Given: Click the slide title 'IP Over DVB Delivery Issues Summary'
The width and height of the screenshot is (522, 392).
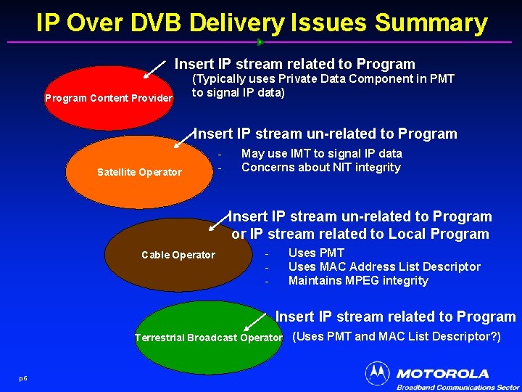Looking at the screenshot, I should pyautogui.click(x=261, y=23).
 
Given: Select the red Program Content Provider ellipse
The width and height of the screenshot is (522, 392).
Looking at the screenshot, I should pyautogui.click(x=109, y=98).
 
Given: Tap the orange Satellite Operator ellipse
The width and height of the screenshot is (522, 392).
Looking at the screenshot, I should pyautogui.click(x=138, y=172).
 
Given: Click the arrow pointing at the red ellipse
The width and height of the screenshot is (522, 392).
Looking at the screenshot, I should pyautogui.click(x=155, y=69).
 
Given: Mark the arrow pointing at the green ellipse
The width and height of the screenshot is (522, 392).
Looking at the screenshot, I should pyautogui.click(x=255, y=322).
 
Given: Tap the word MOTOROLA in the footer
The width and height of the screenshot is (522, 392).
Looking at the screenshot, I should pyautogui.click(x=442, y=374).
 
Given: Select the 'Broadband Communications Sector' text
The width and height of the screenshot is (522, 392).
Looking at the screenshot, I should pyautogui.click(x=457, y=388).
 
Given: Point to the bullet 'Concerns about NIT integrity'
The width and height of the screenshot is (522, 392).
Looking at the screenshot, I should pyautogui.click(x=320, y=168).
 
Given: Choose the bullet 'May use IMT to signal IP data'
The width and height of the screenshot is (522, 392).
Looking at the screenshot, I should pyautogui.click(x=321, y=154).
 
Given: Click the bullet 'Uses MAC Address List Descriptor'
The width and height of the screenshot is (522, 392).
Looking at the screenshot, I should pyautogui.click(x=384, y=267).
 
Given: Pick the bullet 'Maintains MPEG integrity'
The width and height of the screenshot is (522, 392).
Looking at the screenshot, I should pyautogui.click(x=358, y=281).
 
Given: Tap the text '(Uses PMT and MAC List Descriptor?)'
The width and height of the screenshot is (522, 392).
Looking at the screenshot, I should pyautogui.click(x=396, y=337).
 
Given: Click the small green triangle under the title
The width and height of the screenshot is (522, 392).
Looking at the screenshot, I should pyautogui.click(x=260, y=42).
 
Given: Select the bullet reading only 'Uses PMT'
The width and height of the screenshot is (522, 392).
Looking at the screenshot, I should pyautogui.click(x=316, y=253).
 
